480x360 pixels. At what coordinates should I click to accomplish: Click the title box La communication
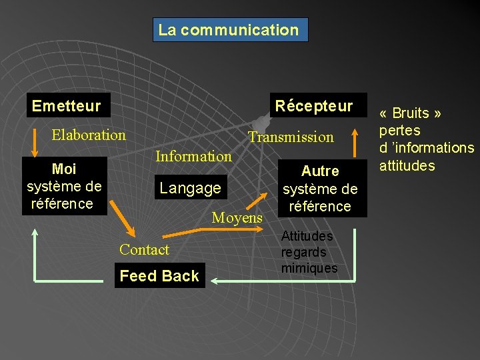[230, 30]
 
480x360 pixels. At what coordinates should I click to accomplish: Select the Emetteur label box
[66, 105]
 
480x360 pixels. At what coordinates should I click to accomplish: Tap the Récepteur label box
[313, 105]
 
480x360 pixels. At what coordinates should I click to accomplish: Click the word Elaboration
[89, 135]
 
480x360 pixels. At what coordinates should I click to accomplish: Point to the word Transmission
[291, 137]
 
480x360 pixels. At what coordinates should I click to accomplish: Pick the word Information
[193, 156]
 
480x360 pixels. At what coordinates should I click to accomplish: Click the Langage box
[191, 188]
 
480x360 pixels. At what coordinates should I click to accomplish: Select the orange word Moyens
[237, 217]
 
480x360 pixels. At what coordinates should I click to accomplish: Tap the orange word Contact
[144, 249]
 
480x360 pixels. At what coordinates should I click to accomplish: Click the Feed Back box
[159, 276]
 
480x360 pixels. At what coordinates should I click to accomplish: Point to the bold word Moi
[63, 169]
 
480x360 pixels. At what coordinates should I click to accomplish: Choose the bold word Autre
[320, 171]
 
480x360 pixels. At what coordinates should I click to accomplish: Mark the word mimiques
[309, 269]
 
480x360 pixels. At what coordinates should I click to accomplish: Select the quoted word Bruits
[410, 113]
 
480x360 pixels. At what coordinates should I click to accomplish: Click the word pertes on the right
[399, 131]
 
